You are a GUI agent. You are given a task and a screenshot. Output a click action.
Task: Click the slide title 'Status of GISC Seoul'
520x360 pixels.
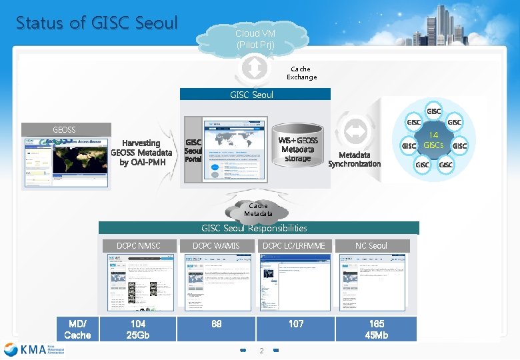click(x=97, y=23)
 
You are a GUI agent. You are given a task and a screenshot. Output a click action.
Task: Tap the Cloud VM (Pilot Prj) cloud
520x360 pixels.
click(x=255, y=39)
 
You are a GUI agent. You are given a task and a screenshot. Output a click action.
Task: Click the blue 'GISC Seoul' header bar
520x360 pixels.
click(x=252, y=95)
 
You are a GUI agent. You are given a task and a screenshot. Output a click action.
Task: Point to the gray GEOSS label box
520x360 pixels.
click(x=65, y=129)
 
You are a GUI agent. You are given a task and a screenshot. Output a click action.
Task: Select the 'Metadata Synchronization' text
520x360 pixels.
click(x=355, y=159)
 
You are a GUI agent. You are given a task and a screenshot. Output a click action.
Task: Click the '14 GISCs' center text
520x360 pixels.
click(x=433, y=141)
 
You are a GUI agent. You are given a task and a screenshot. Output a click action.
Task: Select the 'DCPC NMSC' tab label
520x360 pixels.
click(x=139, y=246)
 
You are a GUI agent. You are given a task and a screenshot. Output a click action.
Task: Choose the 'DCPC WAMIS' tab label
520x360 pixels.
click(x=216, y=246)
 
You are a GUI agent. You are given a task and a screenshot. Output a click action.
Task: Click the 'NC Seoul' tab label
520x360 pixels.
click(x=371, y=246)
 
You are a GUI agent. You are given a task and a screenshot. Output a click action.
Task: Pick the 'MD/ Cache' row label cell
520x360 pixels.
click(x=77, y=329)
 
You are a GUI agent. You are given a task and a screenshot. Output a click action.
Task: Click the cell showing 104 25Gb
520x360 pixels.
click(x=138, y=329)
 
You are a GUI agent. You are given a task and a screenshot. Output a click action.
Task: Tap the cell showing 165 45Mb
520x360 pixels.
click(x=376, y=329)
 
